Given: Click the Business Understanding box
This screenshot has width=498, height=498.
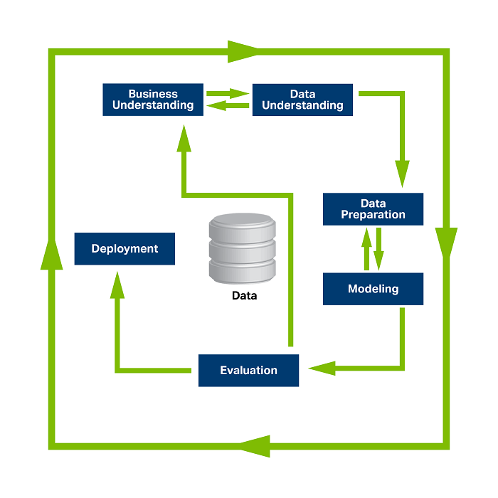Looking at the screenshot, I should pos(153,100).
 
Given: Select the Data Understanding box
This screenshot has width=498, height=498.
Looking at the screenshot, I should pos(302,100).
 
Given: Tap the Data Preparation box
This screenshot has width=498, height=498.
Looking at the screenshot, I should pos(373,209).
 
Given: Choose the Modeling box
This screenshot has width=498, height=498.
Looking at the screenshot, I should pos(373,289).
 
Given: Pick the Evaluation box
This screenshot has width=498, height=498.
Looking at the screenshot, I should pos(248,370).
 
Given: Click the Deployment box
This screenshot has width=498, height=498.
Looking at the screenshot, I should pos(124,249).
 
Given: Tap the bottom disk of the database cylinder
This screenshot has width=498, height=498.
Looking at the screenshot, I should pos(241,269).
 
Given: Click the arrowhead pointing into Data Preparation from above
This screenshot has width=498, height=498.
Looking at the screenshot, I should pos(403,174).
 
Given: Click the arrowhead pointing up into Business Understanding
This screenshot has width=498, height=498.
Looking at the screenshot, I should pos(184,138).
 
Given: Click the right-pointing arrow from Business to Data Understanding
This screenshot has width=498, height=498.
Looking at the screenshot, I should pos(228,92).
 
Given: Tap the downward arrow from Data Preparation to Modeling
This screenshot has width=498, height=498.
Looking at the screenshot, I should pos(379,249).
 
